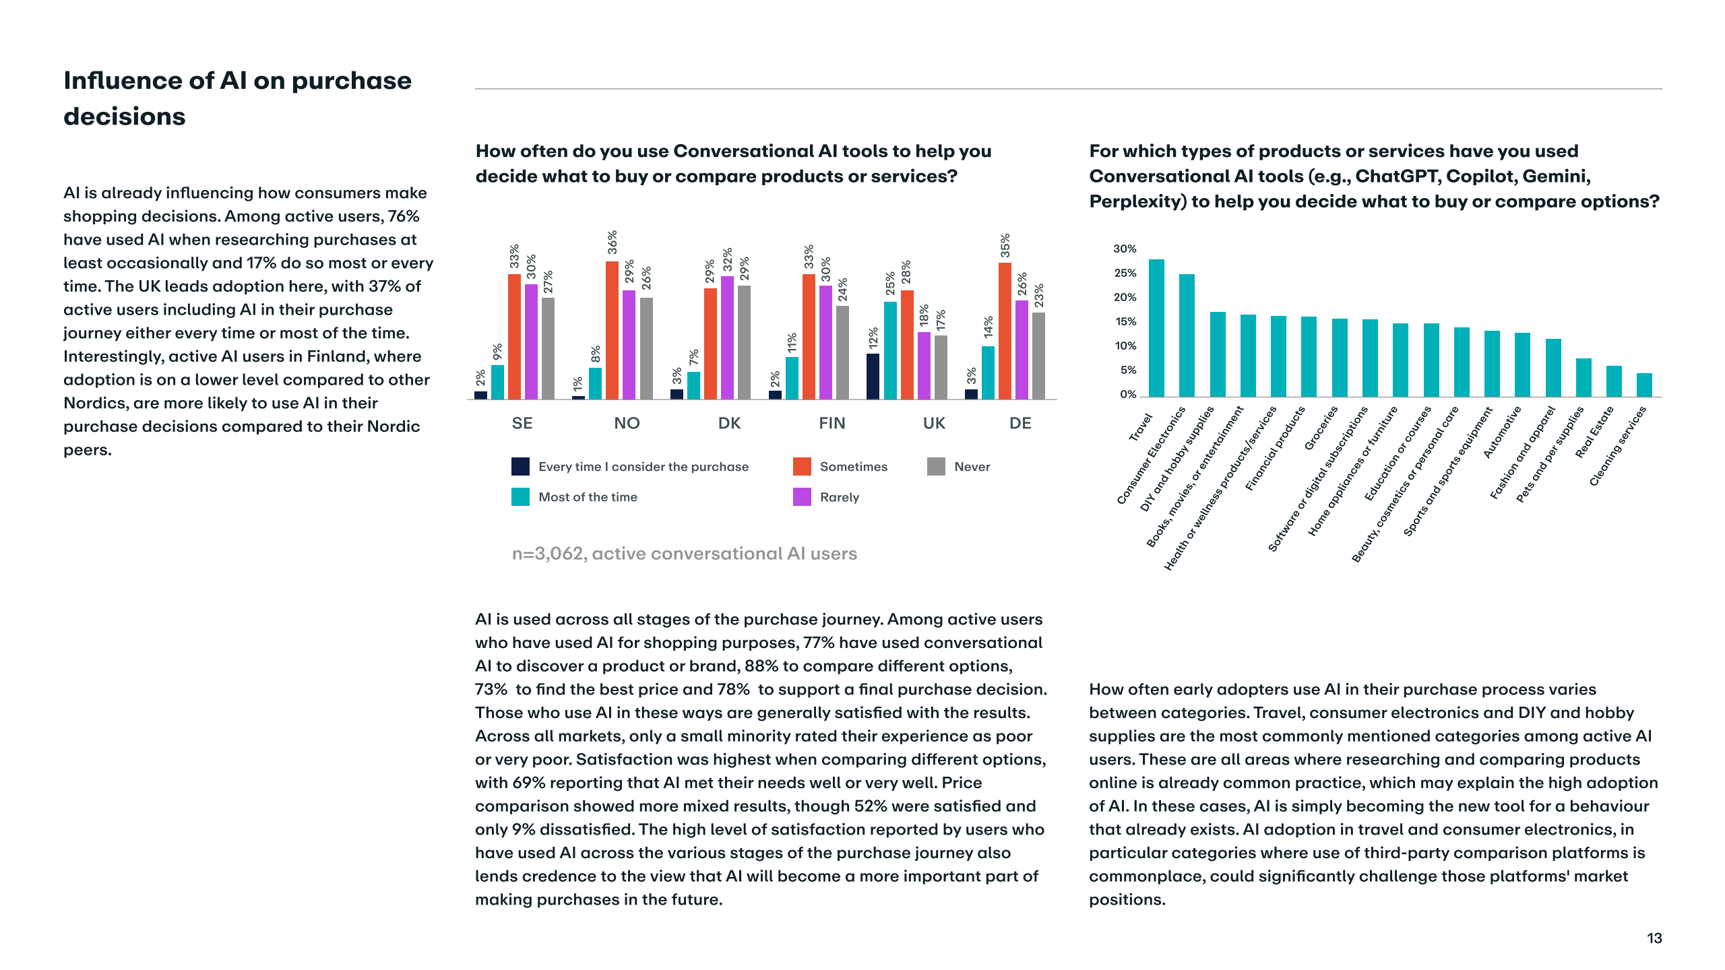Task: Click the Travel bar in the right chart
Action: pyautogui.click(x=1156, y=328)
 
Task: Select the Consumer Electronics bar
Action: pyautogui.click(x=1187, y=335)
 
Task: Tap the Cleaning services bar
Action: pyautogui.click(x=1644, y=385)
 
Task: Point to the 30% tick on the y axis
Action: pyautogui.click(x=1125, y=249)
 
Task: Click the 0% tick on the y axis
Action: pyautogui.click(x=1128, y=395)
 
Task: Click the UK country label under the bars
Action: pyautogui.click(x=934, y=423)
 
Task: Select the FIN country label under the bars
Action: pyautogui.click(x=832, y=423)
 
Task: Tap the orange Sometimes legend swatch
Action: pyautogui.click(x=802, y=466)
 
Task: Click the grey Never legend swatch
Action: pyautogui.click(x=936, y=466)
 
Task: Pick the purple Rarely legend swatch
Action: pyautogui.click(x=802, y=497)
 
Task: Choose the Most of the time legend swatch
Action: pyautogui.click(x=520, y=497)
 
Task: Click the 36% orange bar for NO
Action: pyautogui.click(x=612, y=330)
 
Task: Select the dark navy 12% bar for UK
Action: pyautogui.click(x=873, y=377)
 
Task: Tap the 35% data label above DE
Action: pyautogui.click(x=1005, y=245)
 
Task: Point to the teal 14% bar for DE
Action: pyautogui.click(x=988, y=373)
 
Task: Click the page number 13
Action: pyautogui.click(x=1654, y=938)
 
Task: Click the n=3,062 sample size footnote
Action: pyautogui.click(x=684, y=554)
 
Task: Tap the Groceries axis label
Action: pyautogui.click(x=1321, y=428)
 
